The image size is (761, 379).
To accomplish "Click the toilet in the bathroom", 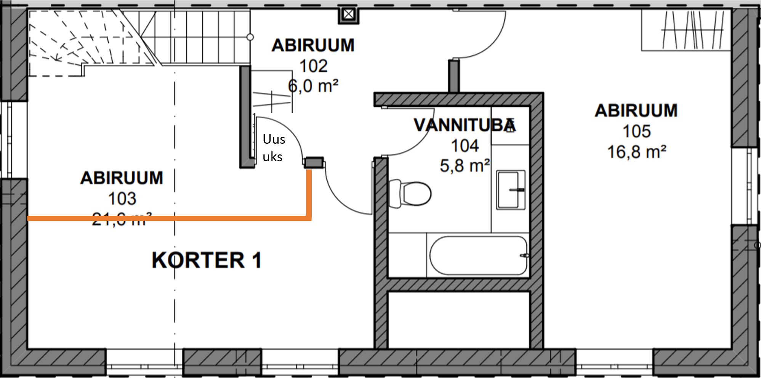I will pyautogui.click(x=411, y=194).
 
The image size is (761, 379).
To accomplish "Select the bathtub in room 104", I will pyautogui.click(x=478, y=255).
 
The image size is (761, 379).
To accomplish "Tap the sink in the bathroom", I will pyautogui.click(x=510, y=189).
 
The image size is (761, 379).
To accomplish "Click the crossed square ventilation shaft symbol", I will pyautogui.click(x=348, y=15).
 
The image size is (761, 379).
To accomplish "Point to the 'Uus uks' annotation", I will pyautogui.click(x=274, y=148).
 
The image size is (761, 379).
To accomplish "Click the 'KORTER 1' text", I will pyautogui.click(x=207, y=260).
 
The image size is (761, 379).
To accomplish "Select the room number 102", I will pyautogui.click(x=313, y=66).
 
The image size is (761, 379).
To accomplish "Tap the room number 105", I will pyautogui.click(x=636, y=132).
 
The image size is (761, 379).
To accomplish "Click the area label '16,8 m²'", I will pyautogui.click(x=636, y=152).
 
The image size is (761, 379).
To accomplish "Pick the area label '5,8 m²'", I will pyautogui.click(x=465, y=166).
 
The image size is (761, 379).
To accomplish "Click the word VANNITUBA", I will pyautogui.click(x=464, y=125).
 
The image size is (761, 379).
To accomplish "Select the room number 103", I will pyautogui.click(x=122, y=199).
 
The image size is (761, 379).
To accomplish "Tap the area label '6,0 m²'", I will pyautogui.click(x=313, y=86).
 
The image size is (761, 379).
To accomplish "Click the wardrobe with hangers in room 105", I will pyautogui.click(x=686, y=30).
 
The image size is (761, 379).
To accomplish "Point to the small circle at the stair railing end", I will pyautogui.click(x=250, y=37).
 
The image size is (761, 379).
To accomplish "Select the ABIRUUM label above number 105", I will pyautogui.click(x=636, y=111).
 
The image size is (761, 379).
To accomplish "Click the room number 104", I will pyautogui.click(x=465, y=146).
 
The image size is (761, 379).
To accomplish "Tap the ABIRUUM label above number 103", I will pyautogui.click(x=122, y=178).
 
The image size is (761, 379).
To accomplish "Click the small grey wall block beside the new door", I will pyautogui.click(x=314, y=163).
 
